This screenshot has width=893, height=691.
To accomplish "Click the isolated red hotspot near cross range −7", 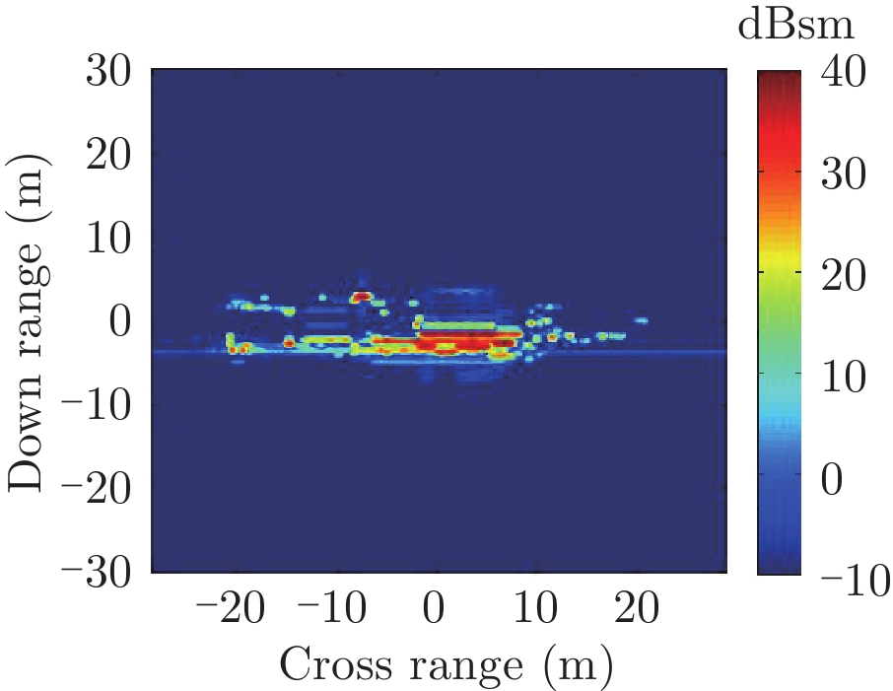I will [x=362, y=296].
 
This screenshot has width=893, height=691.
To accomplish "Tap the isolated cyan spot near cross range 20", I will [x=641, y=320].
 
